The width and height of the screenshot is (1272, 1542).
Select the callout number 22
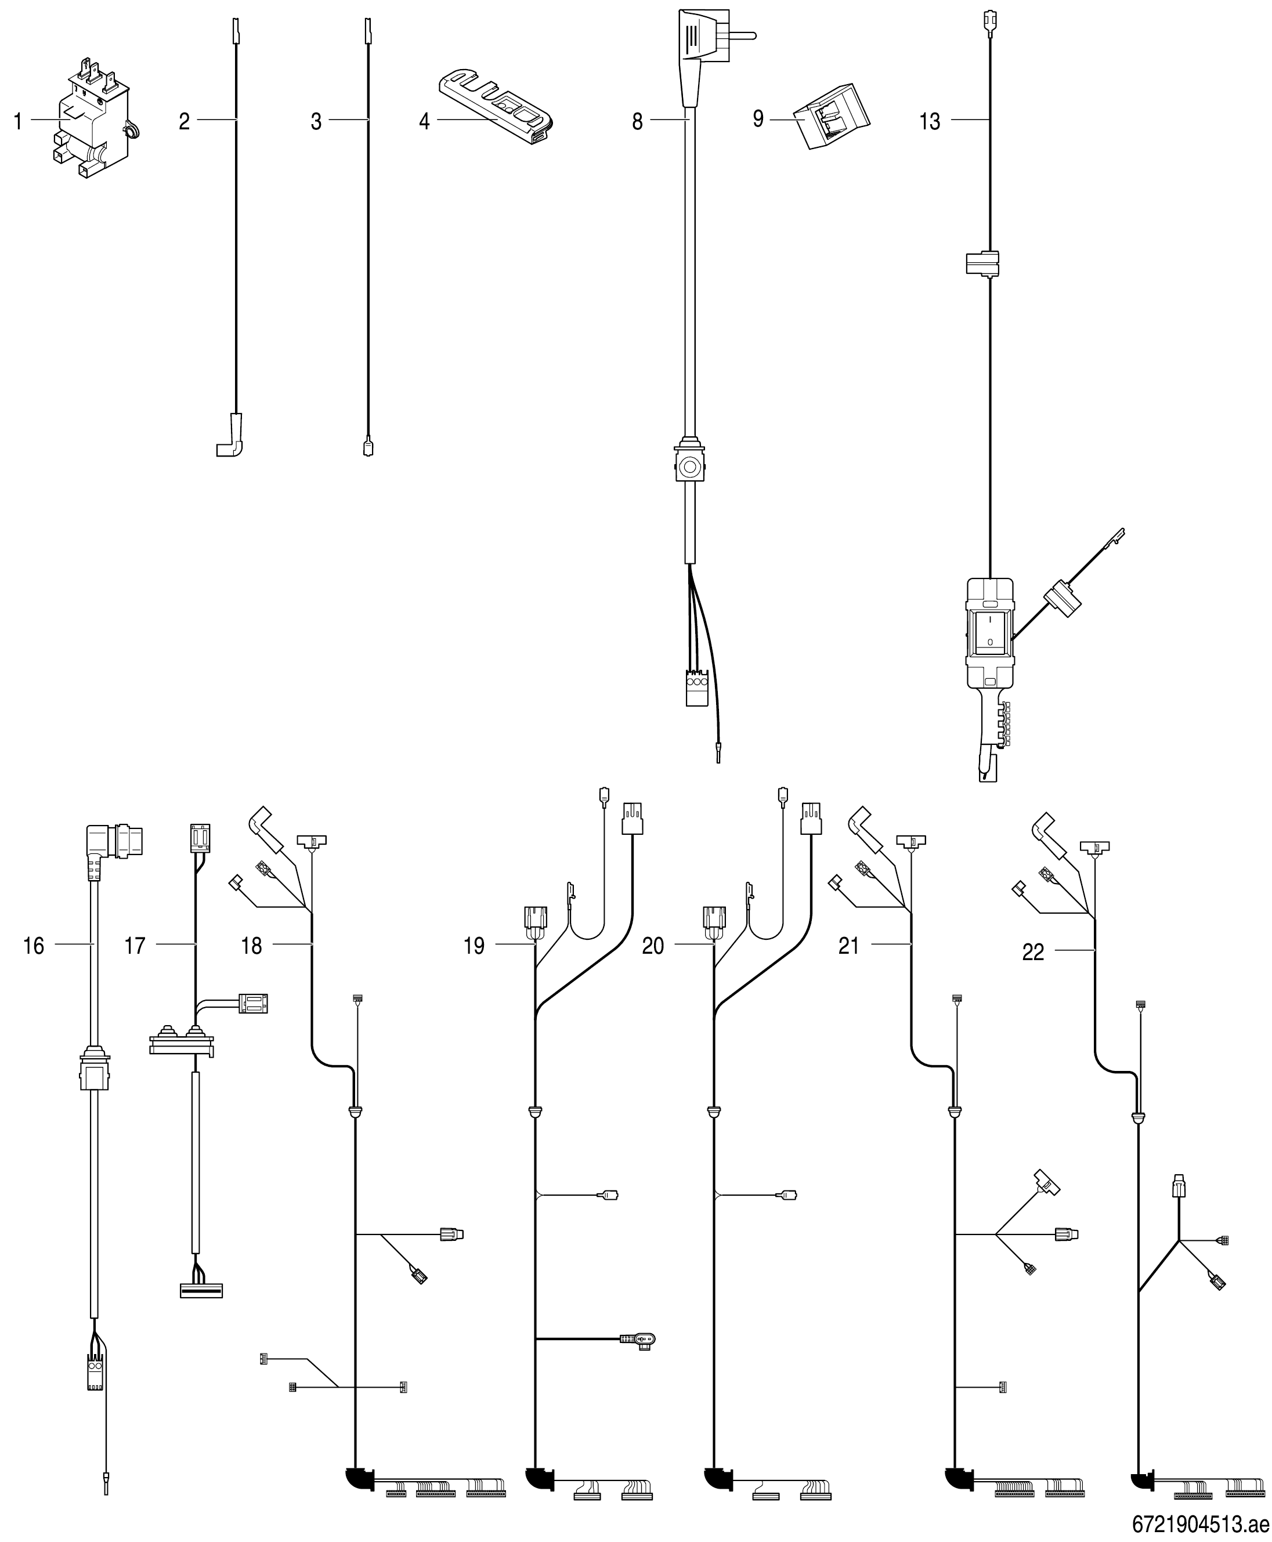pos(1032,953)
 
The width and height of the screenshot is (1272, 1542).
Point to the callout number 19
pos(474,946)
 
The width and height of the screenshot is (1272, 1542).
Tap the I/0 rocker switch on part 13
pos(990,631)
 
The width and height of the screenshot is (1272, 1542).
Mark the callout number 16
pos(34,946)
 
